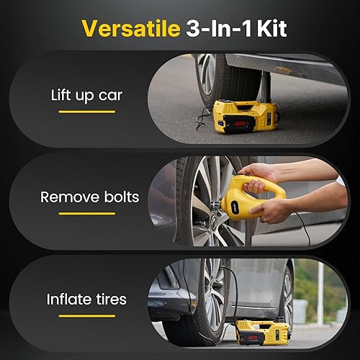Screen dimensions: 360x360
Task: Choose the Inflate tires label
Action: (x=87, y=298)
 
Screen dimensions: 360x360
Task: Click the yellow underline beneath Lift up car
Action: (x=86, y=112)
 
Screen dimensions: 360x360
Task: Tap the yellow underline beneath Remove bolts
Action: (x=87, y=215)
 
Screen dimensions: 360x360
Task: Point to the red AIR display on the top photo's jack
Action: (x=240, y=124)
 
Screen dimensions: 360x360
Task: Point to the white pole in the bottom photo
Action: (x=321, y=302)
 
